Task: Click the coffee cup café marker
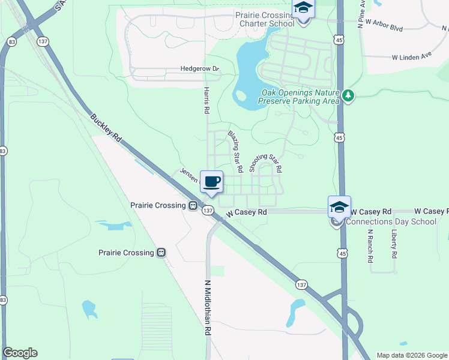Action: (x=211, y=181)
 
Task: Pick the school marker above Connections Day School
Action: (x=339, y=208)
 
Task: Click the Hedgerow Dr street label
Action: (x=200, y=69)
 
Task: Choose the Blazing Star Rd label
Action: (x=235, y=152)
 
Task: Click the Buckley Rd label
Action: (x=106, y=128)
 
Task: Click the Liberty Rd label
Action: (x=394, y=244)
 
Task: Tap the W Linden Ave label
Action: (x=412, y=58)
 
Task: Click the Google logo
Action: (x=20, y=353)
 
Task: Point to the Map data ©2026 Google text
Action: (x=411, y=355)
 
